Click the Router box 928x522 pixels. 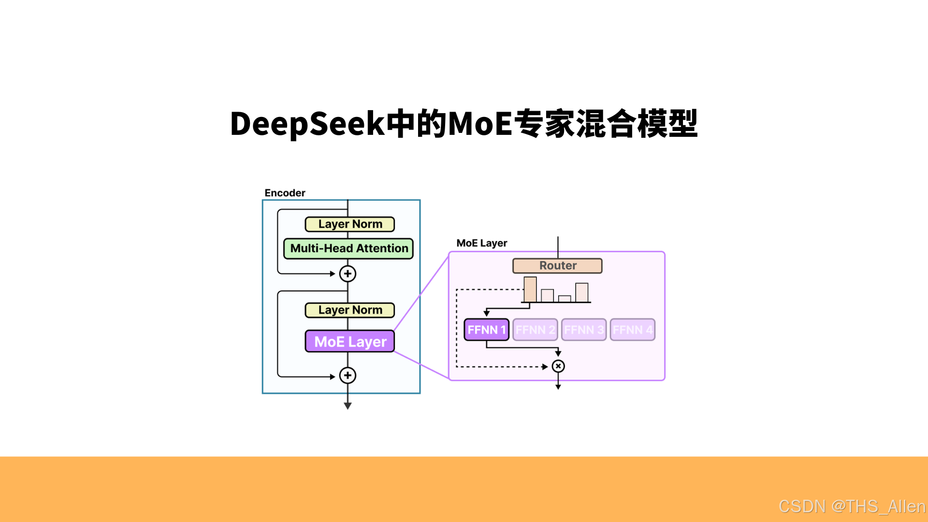click(557, 266)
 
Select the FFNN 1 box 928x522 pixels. click(486, 330)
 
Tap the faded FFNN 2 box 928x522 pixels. click(535, 330)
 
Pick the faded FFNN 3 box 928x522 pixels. click(584, 330)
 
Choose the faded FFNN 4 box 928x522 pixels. click(633, 330)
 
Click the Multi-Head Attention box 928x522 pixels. click(348, 248)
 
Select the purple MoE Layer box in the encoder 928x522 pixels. click(350, 341)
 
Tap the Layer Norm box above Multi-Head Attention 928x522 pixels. click(350, 224)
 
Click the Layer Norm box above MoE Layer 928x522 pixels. click(350, 310)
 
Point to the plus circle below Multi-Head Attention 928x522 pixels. click(348, 274)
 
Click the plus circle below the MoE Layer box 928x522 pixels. click(348, 375)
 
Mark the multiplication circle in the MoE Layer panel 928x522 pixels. click(558, 366)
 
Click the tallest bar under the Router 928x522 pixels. click(530, 290)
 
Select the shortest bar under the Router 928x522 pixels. click(565, 299)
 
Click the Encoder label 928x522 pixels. click(285, 193)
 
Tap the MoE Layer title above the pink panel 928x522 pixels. click(482, 243)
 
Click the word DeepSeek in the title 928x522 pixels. click(307, 124)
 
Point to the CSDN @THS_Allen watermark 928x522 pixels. click(852, 506)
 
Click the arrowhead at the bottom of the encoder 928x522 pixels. click(348, 406)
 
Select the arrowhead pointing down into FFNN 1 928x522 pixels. click(487, 313)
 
